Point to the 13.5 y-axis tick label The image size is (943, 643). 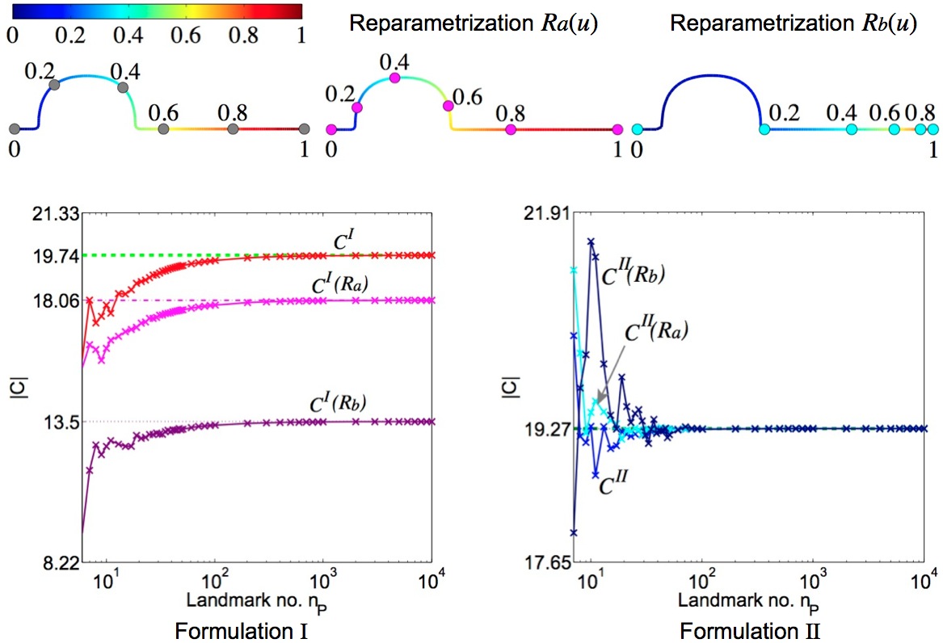point(60,422)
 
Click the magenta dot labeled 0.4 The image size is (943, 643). point(395,78)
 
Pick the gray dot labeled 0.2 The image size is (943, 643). point(54,84)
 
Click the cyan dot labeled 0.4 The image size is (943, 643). point(851,128)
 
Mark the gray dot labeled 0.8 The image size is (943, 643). point(234,128)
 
